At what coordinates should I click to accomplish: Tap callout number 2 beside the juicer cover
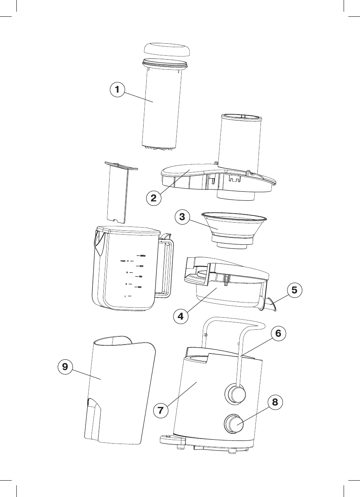[x=154, y=198]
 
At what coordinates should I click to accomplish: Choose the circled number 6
[x=278, y=334]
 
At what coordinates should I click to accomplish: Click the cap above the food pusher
[x=168, y=50]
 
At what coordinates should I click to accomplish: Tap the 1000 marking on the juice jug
[x=142, y=266]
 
